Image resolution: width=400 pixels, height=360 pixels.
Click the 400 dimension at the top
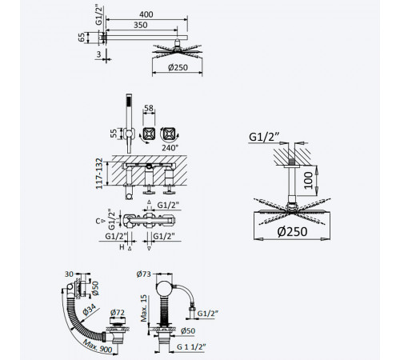pos(146,14)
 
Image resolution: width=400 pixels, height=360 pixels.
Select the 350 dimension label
pos(141,25)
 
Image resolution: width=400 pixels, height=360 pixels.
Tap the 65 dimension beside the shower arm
pos(81,37)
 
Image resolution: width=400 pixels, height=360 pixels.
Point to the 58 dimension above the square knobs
pos(149,108)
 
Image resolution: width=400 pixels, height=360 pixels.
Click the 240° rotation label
pos(170,147)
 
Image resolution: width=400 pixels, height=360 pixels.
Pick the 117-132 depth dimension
pos(99,174)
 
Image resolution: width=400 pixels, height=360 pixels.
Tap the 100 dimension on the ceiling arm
pos(309,181)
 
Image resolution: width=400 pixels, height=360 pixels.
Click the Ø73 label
pos(144,274)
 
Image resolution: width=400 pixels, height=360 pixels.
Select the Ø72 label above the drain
pos(118,312)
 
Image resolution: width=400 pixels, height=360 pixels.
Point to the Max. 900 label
pos(98,346)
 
